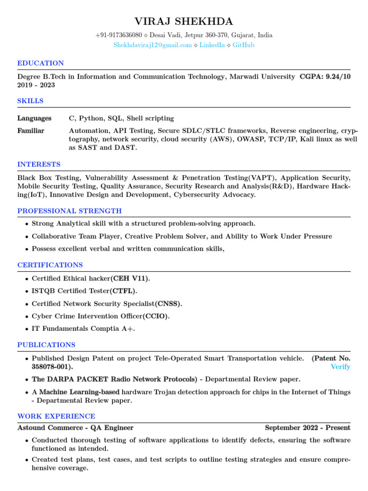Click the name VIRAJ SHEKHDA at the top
click(184, 21)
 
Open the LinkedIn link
click(212, 45)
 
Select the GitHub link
click(243, 45)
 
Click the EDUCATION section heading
click(40, 63)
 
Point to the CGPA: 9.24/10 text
click(325, 77)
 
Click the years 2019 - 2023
click(36, 85)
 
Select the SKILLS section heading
click(30, 101)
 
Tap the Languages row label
click(34, 118)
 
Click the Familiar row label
click(31, 131)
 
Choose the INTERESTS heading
click(39, 164)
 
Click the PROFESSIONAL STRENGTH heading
click(69, 211)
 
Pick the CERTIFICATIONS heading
click(50, 265)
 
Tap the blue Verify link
click(340, 367)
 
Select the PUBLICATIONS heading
click(46, 345)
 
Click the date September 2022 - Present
click(307, 428)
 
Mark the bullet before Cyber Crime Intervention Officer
click(26, 317)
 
